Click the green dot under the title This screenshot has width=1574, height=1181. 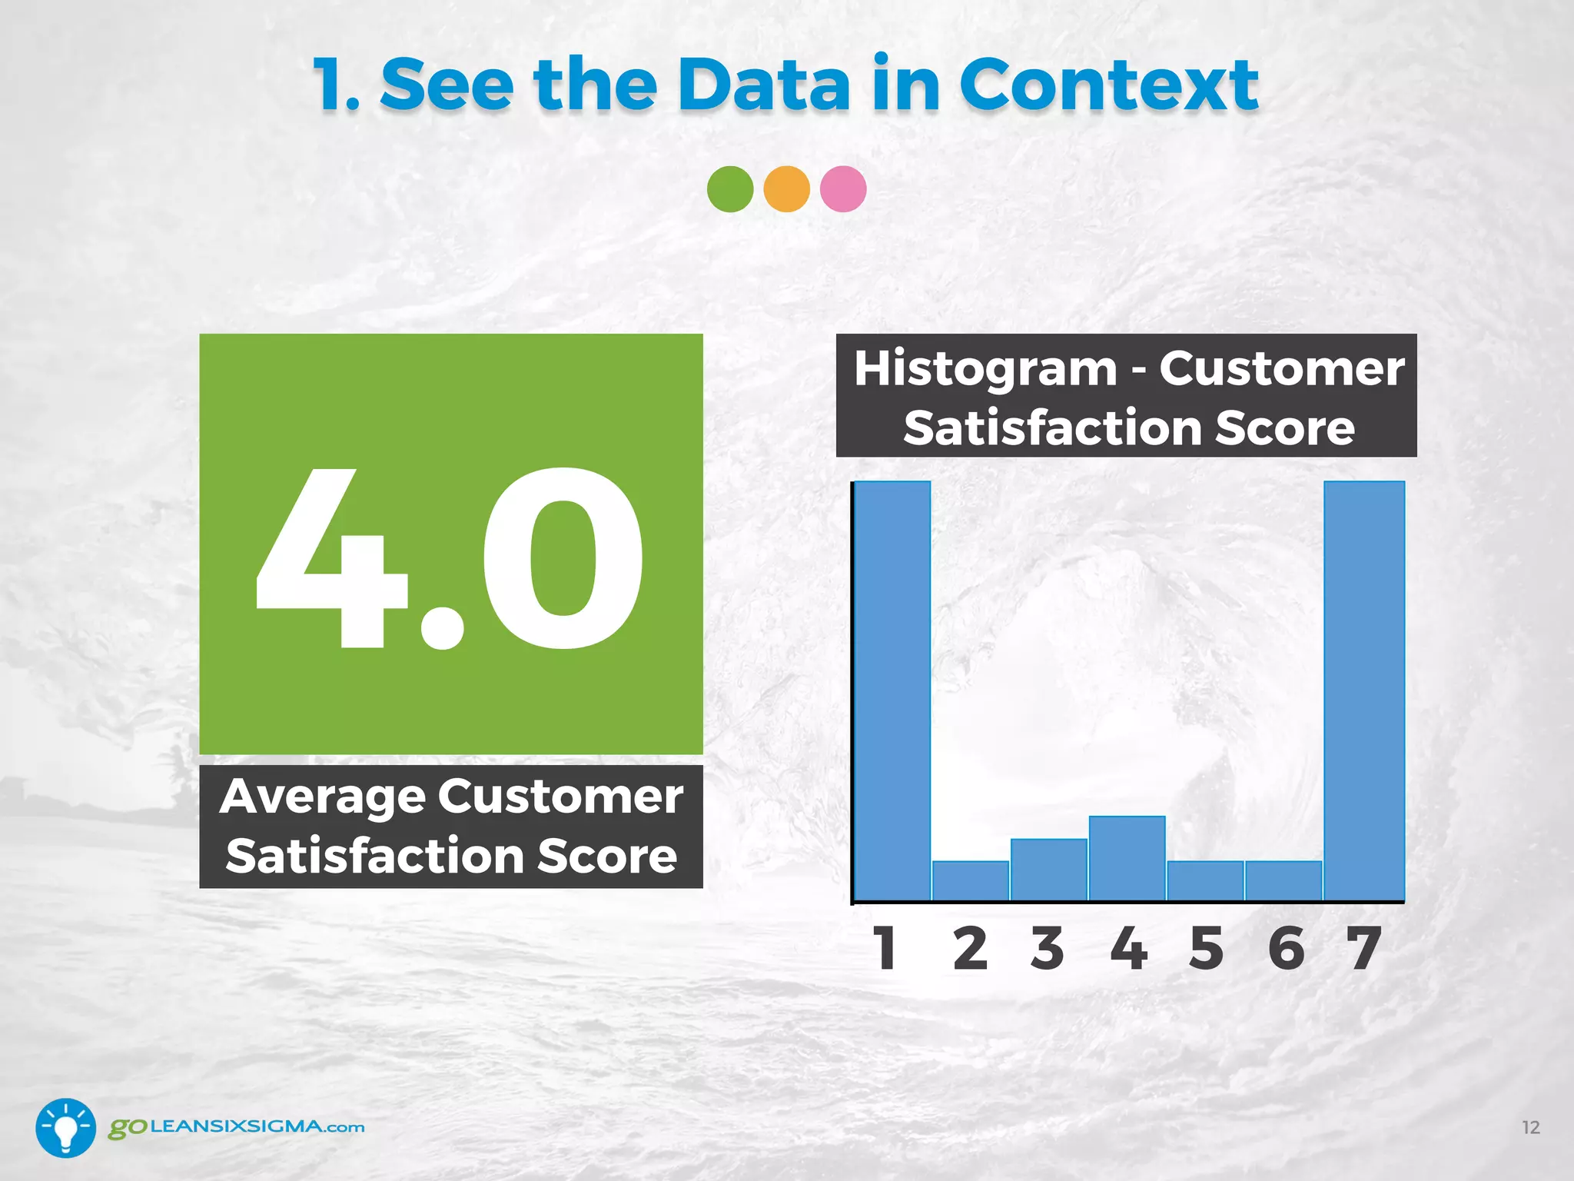tap(729, 189)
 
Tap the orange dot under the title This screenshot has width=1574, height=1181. tap(786, 189)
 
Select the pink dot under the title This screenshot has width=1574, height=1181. tap(843, 189)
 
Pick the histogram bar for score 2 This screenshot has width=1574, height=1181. tap(971, 880)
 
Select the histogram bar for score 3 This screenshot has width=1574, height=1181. tap(1049, 869)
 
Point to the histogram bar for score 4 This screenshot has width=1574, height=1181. tap(1127, 857)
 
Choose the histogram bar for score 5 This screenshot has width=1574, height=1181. tap(1205, 880)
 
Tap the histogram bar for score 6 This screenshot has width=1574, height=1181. tap(1283, 880)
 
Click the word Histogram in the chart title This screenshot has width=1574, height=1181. tap(985, 368)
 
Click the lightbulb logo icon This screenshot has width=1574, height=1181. tap(66, 1127)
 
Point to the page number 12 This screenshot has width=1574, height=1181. tap(1531, 1127)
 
